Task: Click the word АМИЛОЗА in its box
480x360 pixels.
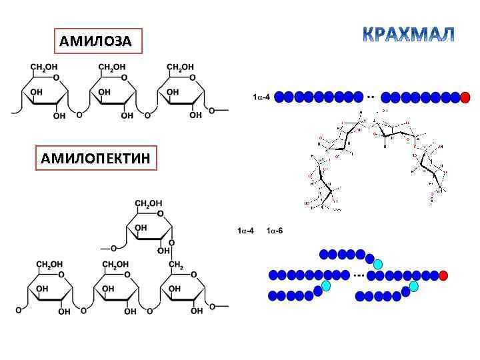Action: [96, 42]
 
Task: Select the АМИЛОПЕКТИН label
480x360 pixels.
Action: [95, 158]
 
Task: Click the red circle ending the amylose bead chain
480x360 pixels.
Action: [465, 97]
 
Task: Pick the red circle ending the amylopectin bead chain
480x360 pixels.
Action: [443, 275]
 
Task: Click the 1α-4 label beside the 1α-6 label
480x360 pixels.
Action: [245, 231]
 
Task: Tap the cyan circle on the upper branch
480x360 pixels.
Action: [379, 263]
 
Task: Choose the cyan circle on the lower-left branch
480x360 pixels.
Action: [326, 285]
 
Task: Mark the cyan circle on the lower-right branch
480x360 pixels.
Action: [414, 286]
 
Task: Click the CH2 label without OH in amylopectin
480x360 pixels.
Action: [175, 265]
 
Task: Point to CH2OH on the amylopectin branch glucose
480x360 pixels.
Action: [149, 203]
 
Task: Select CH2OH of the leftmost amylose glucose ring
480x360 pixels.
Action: [43, 67]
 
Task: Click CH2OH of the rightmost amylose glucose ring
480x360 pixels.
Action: [180, 67]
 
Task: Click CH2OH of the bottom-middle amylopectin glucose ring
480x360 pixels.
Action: [115, 265]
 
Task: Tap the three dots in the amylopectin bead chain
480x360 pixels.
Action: [359, 275]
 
